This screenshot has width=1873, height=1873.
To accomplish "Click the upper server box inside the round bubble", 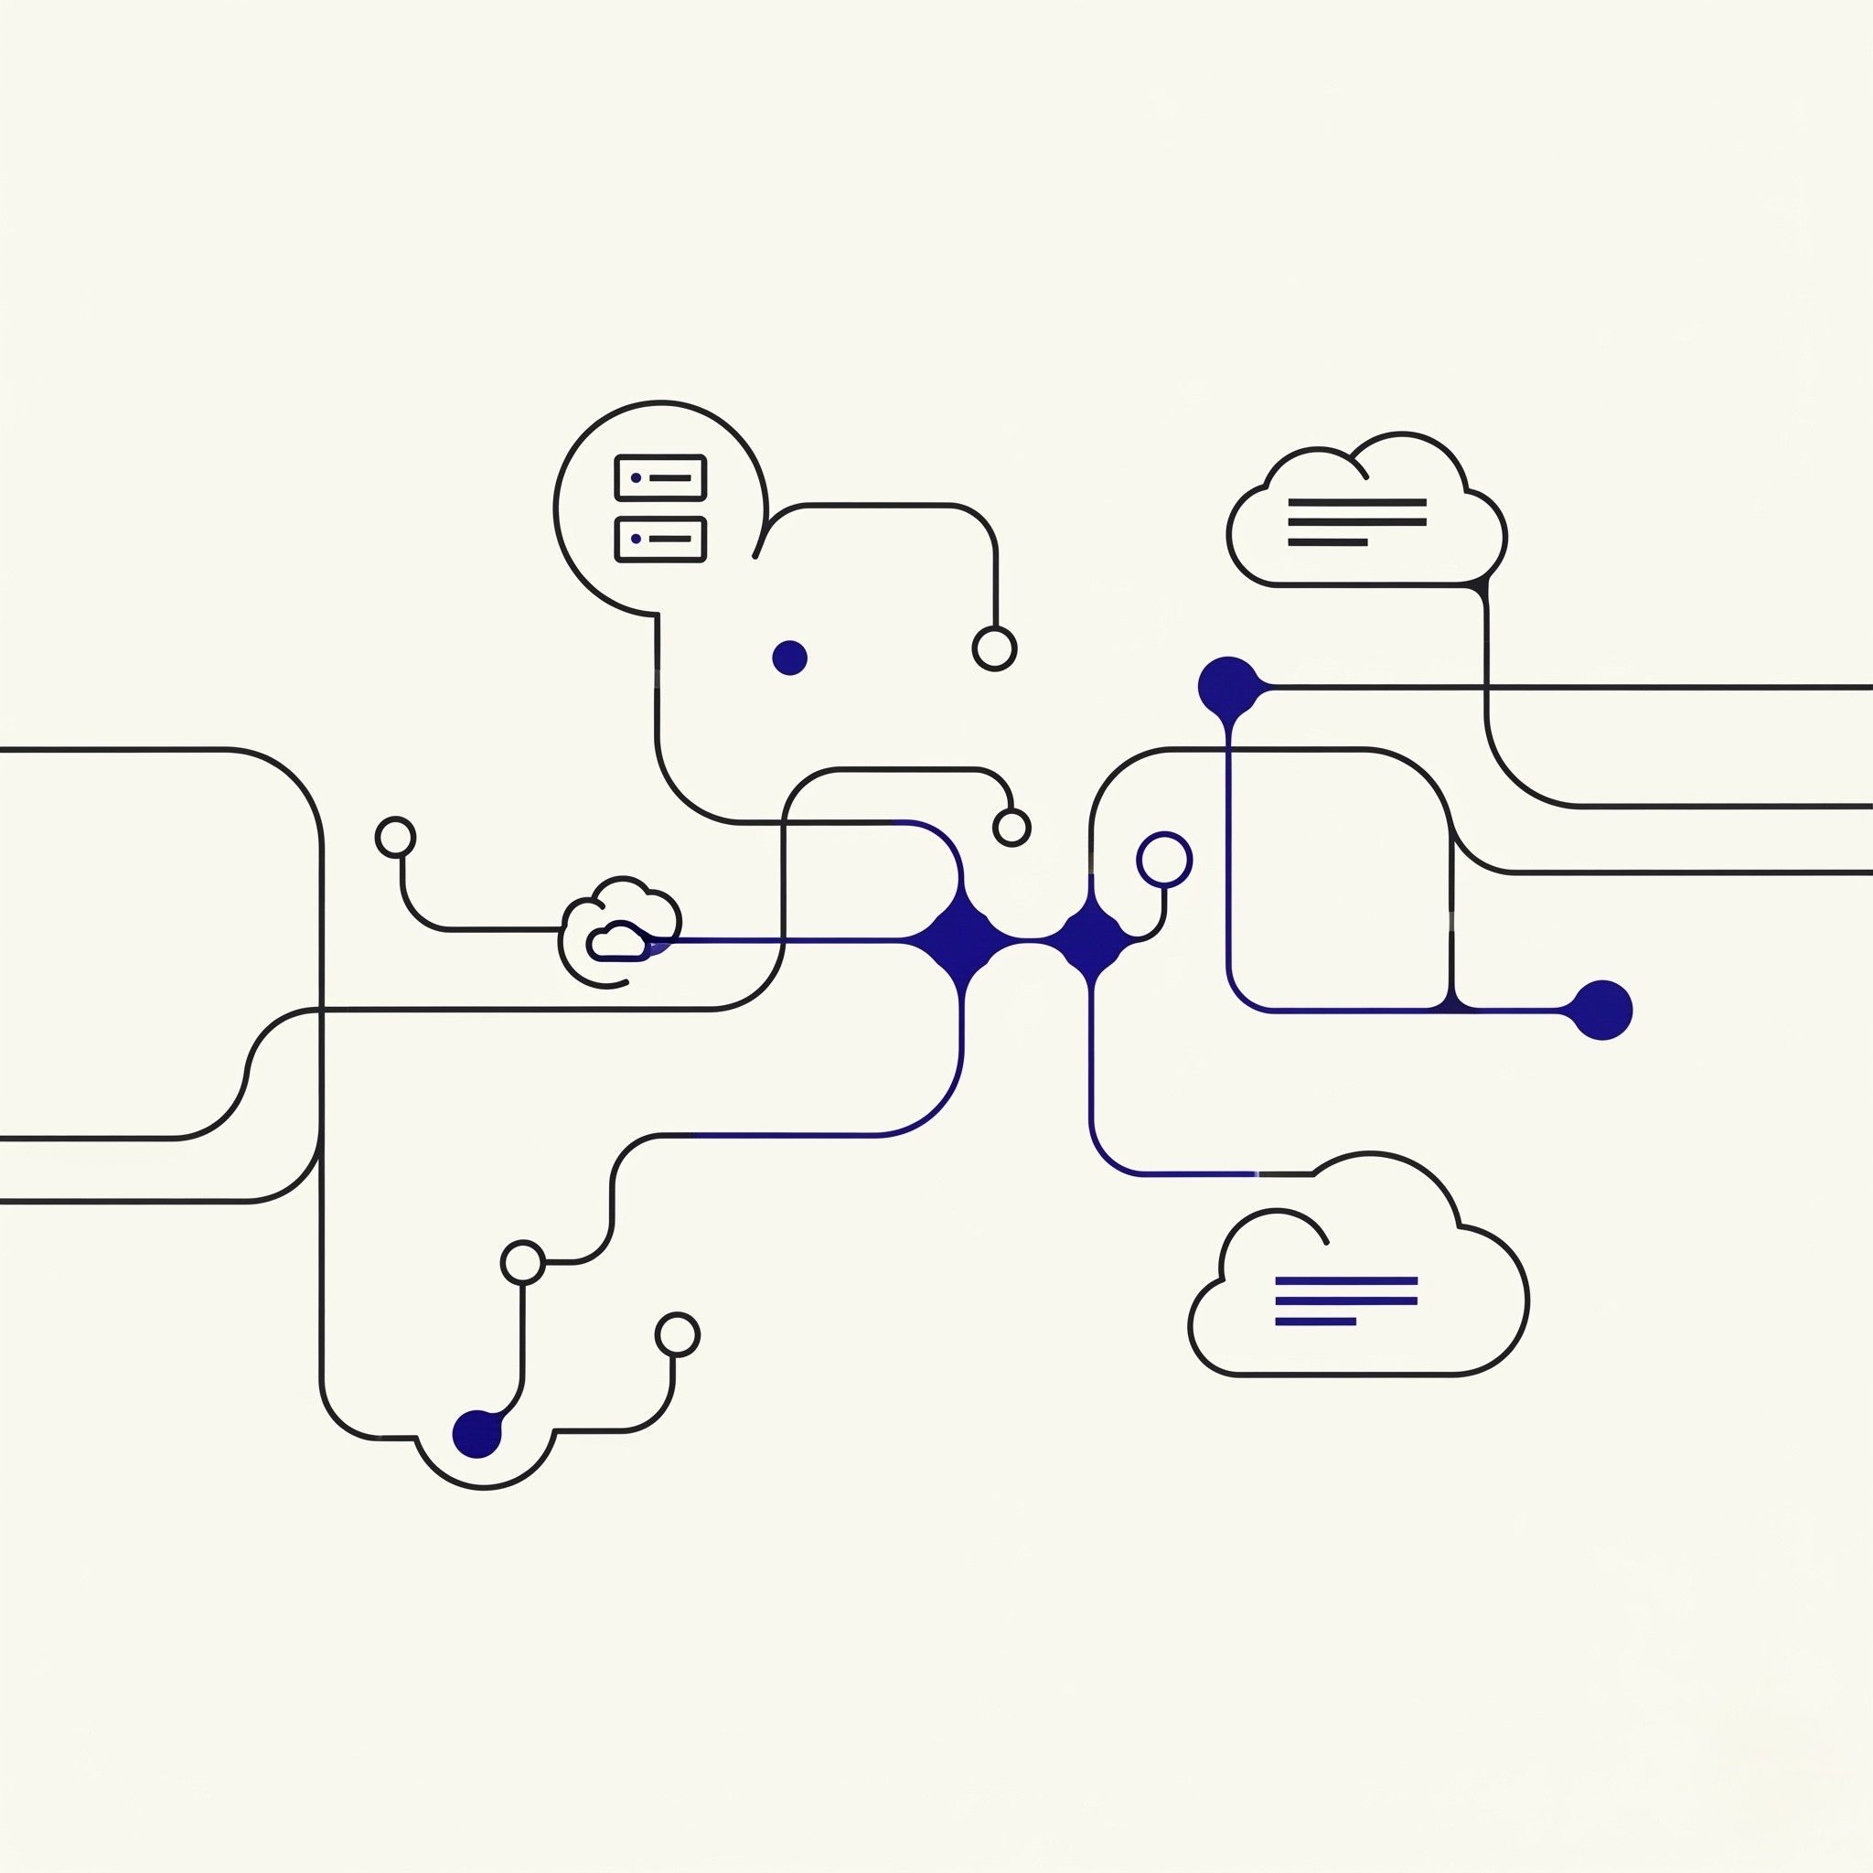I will click(x=660, y=478).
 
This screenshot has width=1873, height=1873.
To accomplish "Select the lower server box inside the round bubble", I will click(x=660, y=539).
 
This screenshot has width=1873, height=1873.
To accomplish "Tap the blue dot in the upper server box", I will click(x=636, y=478).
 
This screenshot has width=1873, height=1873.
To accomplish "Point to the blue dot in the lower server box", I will click(x=636, y=538).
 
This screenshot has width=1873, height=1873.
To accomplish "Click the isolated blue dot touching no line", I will click(x=789, y=658).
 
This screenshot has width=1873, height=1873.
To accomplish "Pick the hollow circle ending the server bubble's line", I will click(x=994, y=648).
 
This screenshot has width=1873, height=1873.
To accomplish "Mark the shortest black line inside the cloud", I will click(x=1327, y=543).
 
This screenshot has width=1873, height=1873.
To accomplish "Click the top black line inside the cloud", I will click(x=1356, y=502).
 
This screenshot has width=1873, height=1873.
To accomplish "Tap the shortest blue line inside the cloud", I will click(x=1314, y=1322).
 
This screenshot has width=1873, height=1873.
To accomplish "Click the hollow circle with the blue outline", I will click(x=1163, y=859).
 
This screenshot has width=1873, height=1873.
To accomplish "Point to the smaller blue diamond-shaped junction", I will click(x=1093, y=939).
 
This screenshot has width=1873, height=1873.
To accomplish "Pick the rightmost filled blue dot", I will click(x=1602, y=1011).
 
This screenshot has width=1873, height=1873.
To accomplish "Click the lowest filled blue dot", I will click(x=477, y=1433).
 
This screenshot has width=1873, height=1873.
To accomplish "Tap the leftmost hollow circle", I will click(x=395, y=837).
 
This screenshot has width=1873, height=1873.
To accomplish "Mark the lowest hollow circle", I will click(x=677, y=1335).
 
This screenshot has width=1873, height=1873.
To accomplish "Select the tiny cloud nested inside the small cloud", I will click(x=617, y=943).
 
